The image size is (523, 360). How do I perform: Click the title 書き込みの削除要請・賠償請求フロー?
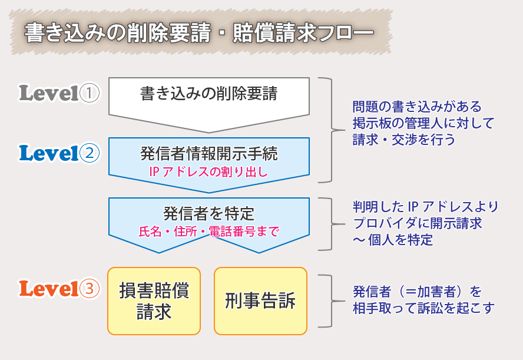point(198,34)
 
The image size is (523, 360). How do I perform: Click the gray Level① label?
point(59,93)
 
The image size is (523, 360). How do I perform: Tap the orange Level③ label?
point(59,289)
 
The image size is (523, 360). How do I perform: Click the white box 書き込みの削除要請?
point(209,94)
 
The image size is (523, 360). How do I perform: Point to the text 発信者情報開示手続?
point(209,154)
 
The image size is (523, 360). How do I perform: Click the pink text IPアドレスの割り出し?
point(209,171)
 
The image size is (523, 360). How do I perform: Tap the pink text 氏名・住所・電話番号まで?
point(209,231)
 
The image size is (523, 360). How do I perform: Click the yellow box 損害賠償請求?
point(154,301)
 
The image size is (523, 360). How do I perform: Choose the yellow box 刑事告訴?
point(260,301)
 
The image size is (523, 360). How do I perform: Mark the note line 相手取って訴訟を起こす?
point(423,308)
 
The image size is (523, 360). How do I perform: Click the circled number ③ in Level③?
point(90,289)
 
